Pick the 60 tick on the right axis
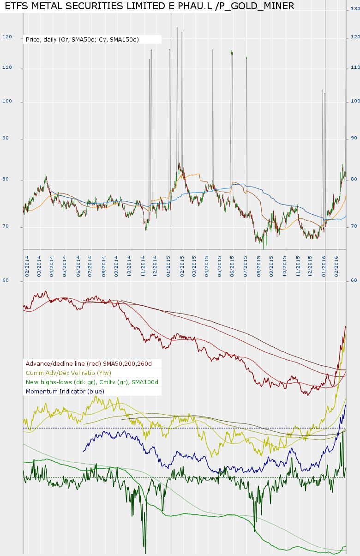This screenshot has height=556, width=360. point(354,280)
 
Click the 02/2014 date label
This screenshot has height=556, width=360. point(28,267)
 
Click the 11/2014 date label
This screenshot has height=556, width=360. point(144,267)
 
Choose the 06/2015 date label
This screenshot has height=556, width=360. point(233,267)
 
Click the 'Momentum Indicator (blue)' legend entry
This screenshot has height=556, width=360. point(65,391)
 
